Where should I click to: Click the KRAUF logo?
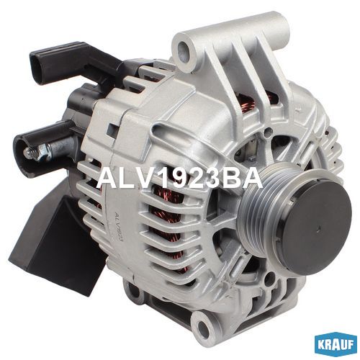click(x=335, y=345)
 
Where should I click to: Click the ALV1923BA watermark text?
click(x=179, y=178)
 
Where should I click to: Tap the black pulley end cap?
click(x=315, y=228)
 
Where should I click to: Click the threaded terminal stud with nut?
click(x=37, y=152)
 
